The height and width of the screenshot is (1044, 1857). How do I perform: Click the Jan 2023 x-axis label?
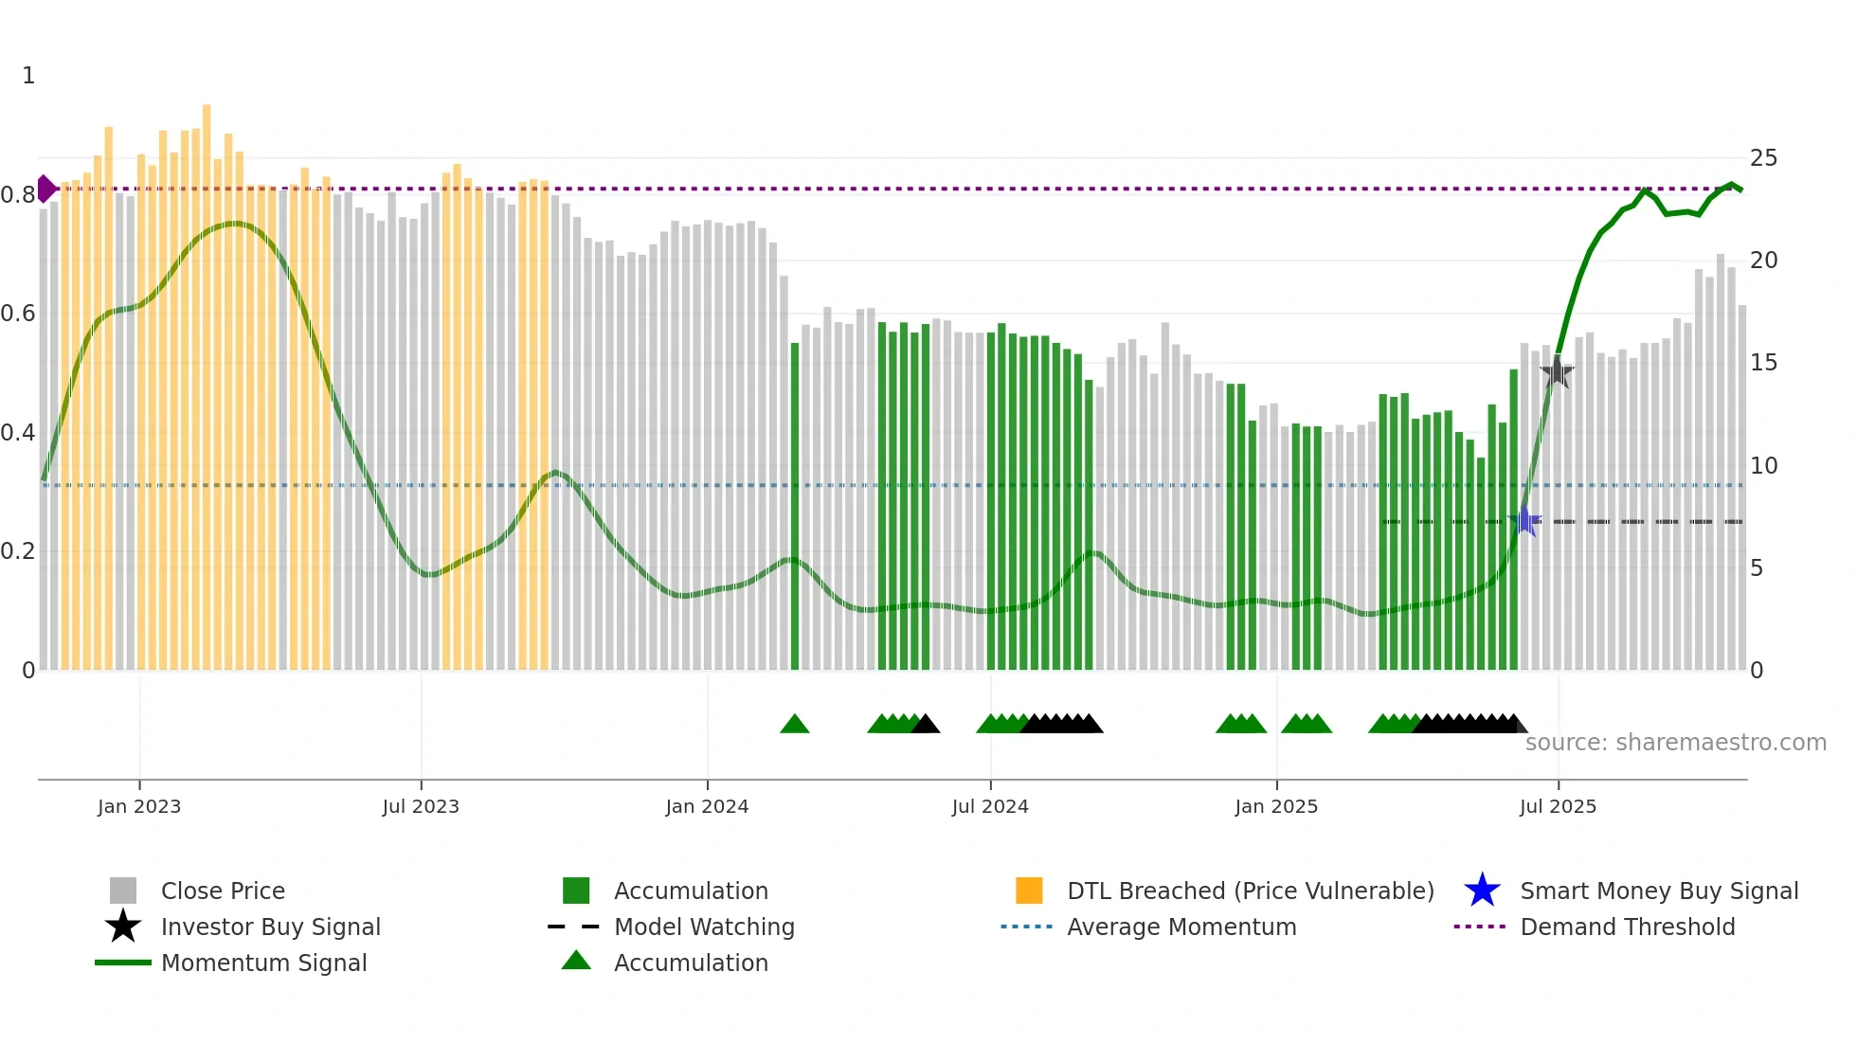coord(138,806)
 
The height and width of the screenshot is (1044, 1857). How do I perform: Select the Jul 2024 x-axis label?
coord(989,806)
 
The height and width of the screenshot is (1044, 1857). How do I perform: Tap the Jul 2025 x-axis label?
coord(1557,806)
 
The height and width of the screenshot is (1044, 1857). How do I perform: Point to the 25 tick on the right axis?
coord(1762,158)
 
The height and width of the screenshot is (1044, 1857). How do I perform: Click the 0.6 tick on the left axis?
coord(18,314)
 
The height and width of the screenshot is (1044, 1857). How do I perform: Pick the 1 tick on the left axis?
coord(28,76)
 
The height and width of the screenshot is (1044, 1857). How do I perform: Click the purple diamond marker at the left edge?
coord(45,189)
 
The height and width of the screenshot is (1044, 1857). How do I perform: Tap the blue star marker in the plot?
coord(1524,521)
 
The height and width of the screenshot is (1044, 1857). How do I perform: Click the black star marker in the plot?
coord(1557,372)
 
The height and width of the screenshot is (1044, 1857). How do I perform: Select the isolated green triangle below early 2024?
coord(794,725)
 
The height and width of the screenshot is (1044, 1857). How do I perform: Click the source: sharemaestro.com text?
coord(1675,743)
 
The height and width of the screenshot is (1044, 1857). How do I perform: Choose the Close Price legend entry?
coord(223,891)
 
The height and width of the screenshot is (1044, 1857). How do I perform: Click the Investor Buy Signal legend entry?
coord(270,927)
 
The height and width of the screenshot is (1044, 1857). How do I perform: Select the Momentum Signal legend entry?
coord(263,963)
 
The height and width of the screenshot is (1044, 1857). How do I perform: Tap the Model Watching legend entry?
coord(703,927)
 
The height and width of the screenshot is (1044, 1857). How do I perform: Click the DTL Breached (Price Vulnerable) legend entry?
coord(1250,891)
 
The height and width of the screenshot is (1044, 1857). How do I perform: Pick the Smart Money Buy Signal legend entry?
coord(1658,891)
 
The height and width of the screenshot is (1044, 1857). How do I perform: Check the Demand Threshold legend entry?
coord(1627,927)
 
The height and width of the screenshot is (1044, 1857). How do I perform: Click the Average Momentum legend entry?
coord(1181,927)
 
